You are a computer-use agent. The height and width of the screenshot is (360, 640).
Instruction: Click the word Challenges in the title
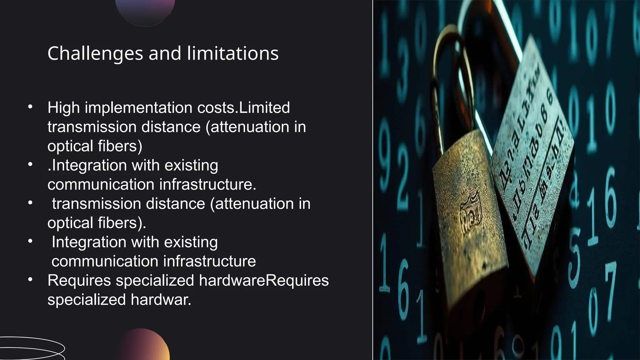coord(95,54)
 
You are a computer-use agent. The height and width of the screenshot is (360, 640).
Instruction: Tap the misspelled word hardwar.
coord(161,300)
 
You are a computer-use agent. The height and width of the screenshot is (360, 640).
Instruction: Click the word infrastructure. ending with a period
coord(208,185)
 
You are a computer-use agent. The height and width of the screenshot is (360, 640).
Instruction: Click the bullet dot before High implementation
coord(30,107)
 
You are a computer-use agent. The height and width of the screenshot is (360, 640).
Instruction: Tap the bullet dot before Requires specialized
coord(30,280)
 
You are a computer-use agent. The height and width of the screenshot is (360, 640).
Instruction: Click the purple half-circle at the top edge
coord(145,11)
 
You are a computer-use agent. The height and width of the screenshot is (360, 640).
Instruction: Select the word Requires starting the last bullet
coord(79,280)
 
